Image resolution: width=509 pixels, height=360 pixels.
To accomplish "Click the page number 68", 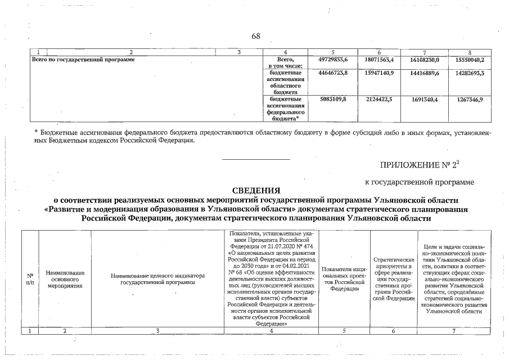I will (256, 37).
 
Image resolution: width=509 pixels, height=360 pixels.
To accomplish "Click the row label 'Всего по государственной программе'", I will (83, 59).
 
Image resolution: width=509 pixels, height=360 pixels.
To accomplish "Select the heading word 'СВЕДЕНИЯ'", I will (256, 191).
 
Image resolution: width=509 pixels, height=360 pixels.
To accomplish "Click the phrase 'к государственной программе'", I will (418, 182).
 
